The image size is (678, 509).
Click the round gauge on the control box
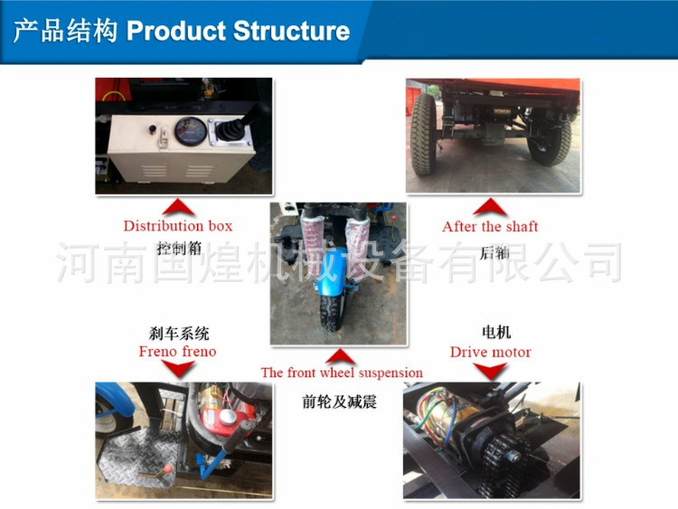click(x=190, y=131)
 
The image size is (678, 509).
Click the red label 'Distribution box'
click(x=178, y=226)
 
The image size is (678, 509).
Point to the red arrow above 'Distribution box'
click(x=178, y=207)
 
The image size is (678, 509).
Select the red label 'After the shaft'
click(x=490, y=226)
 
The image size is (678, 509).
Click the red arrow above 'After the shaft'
click(x=490, y=207)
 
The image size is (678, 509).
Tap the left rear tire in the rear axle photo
click(x=423, y=134)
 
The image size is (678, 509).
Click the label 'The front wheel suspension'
click(x=342, y=372)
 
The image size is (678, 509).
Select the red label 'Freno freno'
click(x=177, y=351)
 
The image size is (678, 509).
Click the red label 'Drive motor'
click(x=490, y=352)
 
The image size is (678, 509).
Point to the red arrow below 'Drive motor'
click(x=490, y=371)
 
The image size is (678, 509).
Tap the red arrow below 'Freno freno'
click(x=178, y=370)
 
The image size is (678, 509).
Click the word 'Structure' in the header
click(x=291, y=31)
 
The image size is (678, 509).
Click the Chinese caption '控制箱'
click(x=179, y=249)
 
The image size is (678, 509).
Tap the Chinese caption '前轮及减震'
click(x=339, y=401)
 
